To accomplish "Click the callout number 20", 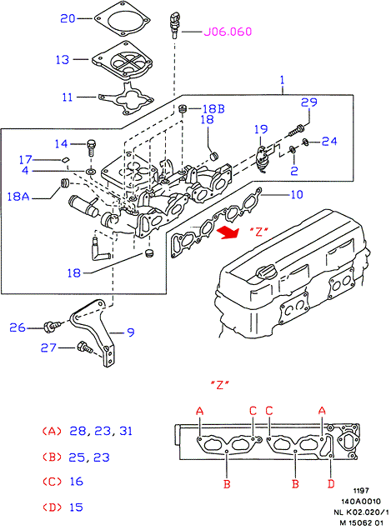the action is (x=68, y=18).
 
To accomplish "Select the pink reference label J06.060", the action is (x=228, y=32).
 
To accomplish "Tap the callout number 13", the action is (x=63, y=60).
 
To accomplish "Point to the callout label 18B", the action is (x=213, y=109).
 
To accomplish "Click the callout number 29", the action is (x=309, y=102).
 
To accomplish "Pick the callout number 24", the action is (x=329, y=142).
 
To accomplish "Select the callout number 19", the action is (x=261, y=129).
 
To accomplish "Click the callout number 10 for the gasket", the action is (x=297, y=195).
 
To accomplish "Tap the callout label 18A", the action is (x=18, y=197).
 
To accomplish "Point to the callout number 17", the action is (x=25, y=159).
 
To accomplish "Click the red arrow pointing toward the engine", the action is (x=228, y=232).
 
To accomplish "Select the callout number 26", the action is (x=18, y=327).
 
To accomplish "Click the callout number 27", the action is (x=48, y=347).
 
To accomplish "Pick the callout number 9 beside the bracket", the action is (x=131, y=332).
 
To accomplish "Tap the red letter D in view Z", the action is (x=331, y=483).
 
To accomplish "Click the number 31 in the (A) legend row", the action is (x=126, y=431).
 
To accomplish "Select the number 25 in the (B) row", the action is (x=76, y=457).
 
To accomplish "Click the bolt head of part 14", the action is (x=92, y=143).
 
